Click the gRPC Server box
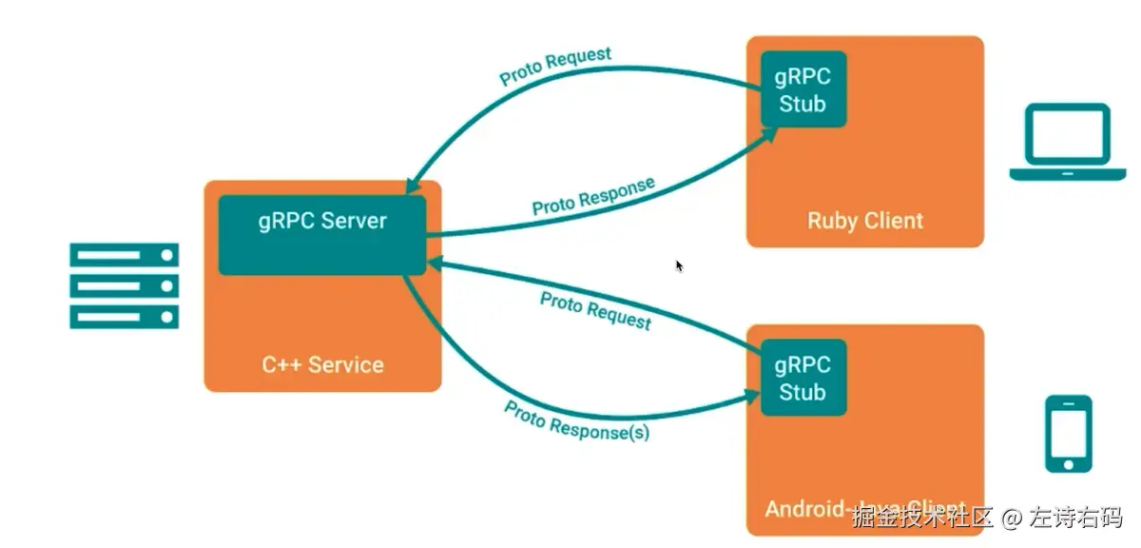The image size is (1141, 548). tap(322, 234)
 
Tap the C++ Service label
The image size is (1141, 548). tap(322, 364)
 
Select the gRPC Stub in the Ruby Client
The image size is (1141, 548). tap(803, 89)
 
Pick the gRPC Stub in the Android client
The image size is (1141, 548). tap(803, 378)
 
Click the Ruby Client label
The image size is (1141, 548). tap(865, 221)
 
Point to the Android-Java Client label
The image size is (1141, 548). tap(865, 508)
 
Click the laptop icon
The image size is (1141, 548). tap(1067, 142)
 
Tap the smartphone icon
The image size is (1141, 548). tap(1069, 433)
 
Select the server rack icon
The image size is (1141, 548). tap(124, 285)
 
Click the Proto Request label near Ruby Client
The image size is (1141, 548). tap(555, 66)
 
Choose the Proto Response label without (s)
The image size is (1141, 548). tap(593, 196)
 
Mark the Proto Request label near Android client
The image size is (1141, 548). tap(595, 311)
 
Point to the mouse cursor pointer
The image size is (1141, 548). tap(679, 265)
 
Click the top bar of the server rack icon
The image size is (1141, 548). tap(124, 254)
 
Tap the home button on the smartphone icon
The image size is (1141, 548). tap(1069, 463)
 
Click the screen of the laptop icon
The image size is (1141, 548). tap(1067, 135)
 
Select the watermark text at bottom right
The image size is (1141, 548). tap(986, 518)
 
